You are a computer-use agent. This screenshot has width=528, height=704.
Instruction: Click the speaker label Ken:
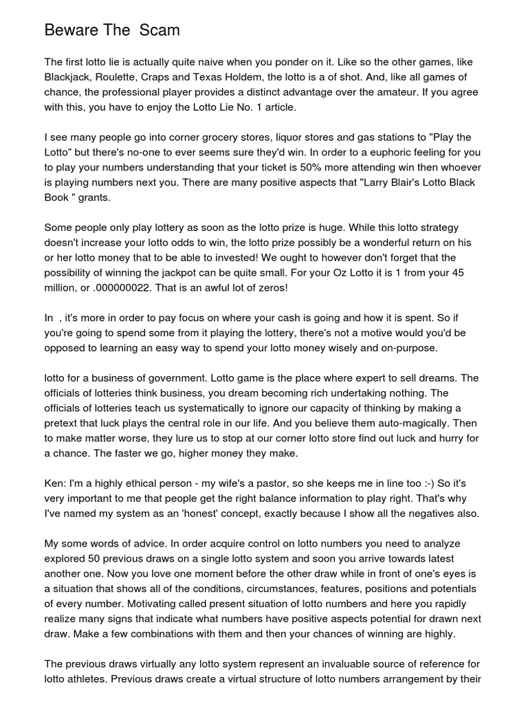pos(56,483)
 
